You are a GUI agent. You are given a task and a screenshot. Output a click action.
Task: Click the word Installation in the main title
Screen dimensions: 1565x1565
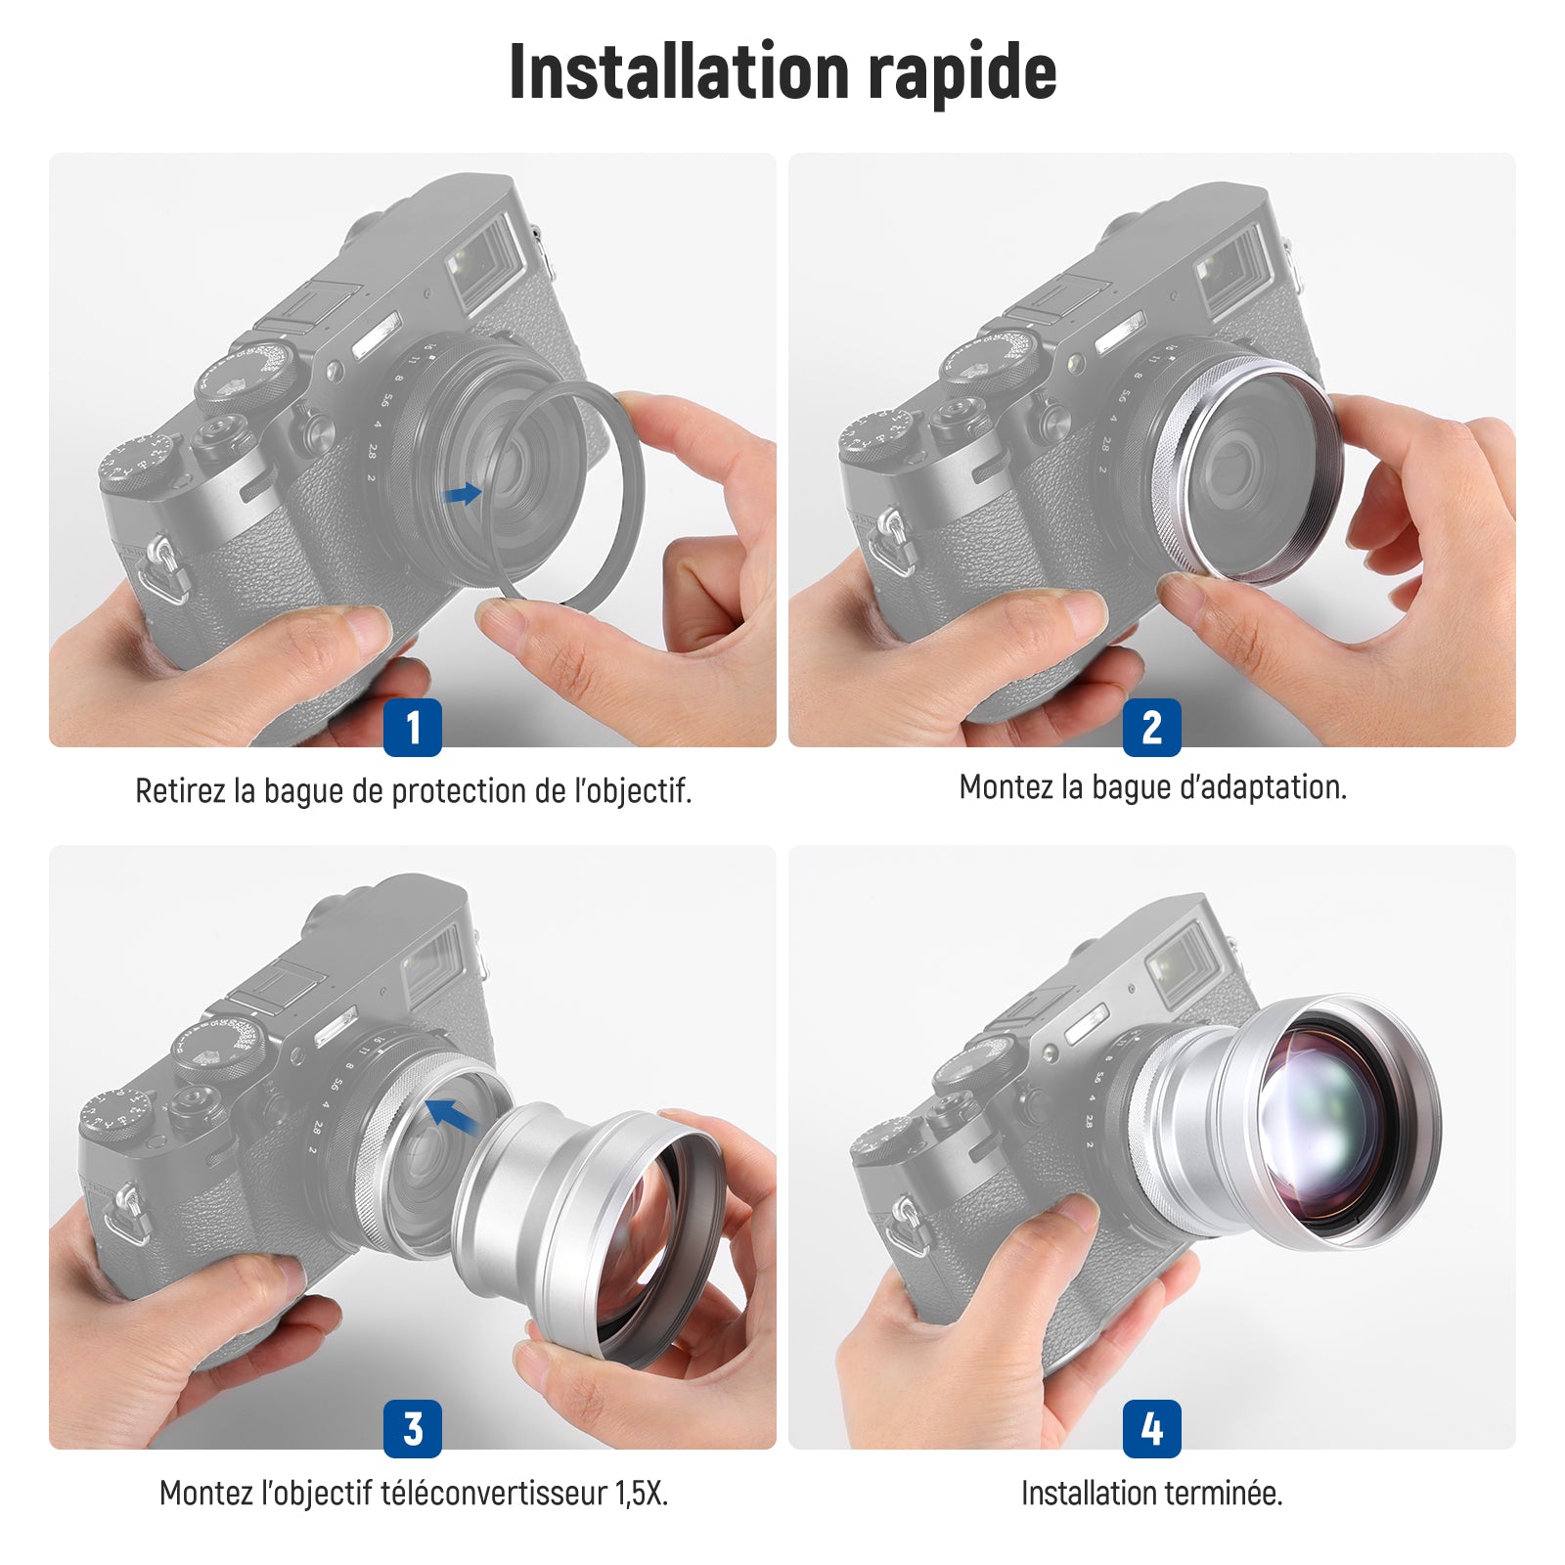680,70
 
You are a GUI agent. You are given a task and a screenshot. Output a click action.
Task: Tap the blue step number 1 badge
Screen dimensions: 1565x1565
413,728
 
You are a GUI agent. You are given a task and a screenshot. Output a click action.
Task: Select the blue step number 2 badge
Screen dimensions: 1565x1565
1152,728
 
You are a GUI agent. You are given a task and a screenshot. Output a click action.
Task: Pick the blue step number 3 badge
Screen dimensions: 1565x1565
413,1429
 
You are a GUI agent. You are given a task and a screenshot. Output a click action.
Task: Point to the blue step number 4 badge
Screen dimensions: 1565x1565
1152,1429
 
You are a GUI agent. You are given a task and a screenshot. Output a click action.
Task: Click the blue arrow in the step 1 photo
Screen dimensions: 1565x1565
463,494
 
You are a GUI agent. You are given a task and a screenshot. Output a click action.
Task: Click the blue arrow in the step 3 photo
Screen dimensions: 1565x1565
452,1114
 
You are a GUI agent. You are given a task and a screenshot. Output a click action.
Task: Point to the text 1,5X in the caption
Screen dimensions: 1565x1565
642,1495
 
